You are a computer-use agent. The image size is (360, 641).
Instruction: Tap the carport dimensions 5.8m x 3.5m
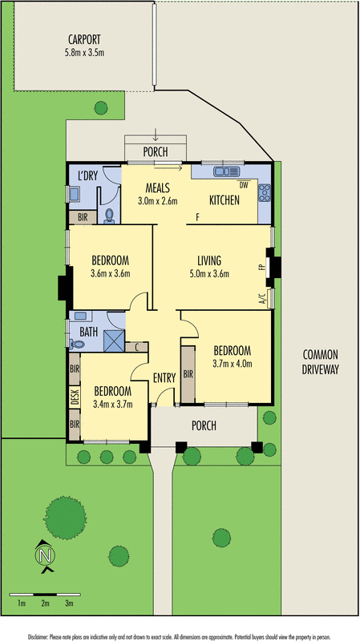pos(84,53)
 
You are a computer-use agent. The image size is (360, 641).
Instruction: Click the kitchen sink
pos(226,171)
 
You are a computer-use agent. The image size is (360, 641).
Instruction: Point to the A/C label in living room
pos(262,300)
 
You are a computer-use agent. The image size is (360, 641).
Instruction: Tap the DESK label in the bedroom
pos(75,396)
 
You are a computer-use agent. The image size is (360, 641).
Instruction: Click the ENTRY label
pos(164,377)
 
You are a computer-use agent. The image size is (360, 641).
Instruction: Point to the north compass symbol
pos(44,554)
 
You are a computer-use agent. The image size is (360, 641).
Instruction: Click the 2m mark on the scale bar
pos(46,602)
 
